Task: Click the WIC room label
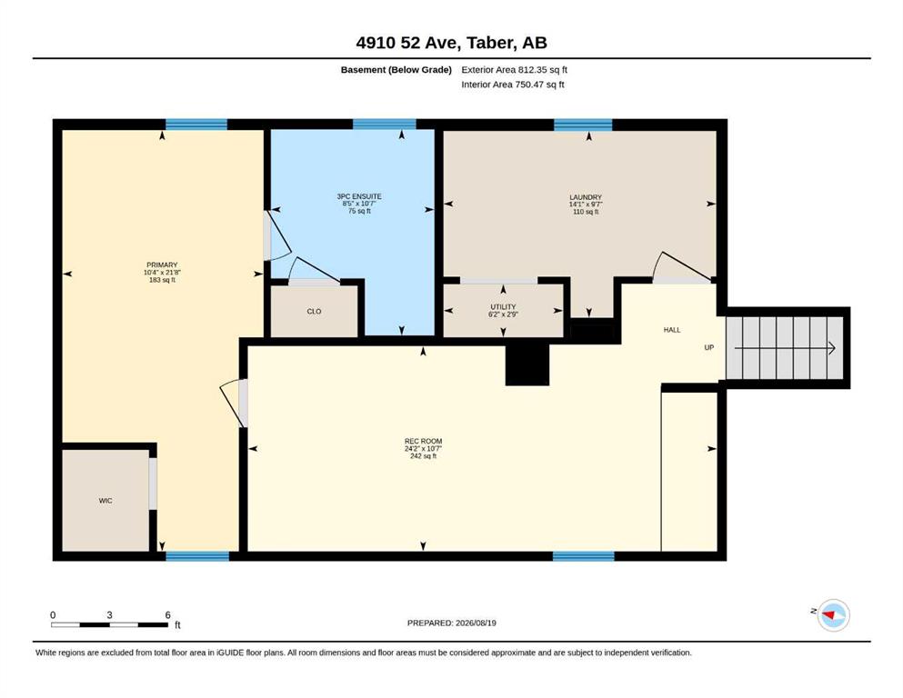point(105,501)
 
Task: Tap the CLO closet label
point(314,312)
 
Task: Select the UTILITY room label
point(503,306)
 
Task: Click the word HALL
point(672,330)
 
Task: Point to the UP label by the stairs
point(709,347)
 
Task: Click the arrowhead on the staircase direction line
point(831,347)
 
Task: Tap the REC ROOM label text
point(423,442)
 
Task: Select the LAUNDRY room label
point(586,197)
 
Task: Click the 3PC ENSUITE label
point(359,196)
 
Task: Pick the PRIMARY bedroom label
point(162,265)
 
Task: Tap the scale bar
point(109,624)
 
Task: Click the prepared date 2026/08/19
point(476,623)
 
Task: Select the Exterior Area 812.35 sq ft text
point(515,70)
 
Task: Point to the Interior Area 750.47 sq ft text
point(513,84)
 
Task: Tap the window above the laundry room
point(584,125)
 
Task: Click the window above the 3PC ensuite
point(384,125)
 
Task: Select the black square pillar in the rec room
point(527,364)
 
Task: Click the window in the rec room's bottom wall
point(584,556)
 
